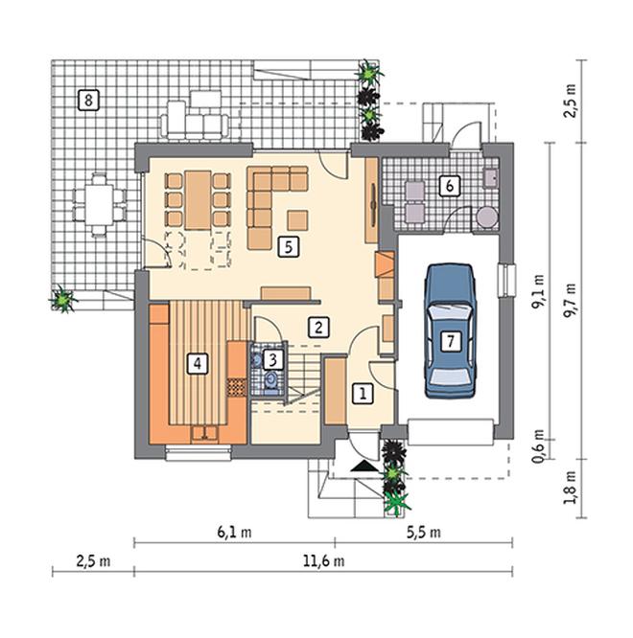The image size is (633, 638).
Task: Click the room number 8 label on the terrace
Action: pyautogui.click(x=88, y=100)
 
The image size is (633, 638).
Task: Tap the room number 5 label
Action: pyautogui.click(x=289, y=246)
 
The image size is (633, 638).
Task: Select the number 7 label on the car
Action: pyautogui.click(x=451, y=341)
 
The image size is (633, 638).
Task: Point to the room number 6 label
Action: pyautogui.click(x=449, y=186)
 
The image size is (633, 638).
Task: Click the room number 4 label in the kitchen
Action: pyautogui.click(x=198, y=363)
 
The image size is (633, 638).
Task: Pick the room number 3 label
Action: pyautogui.click(x=273, y=359)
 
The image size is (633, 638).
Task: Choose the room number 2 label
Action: pyautogui.click(x=318, y=327)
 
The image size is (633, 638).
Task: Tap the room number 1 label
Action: pyautogui.click(x=363, y=394)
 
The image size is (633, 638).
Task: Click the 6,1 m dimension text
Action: pyautogui.click(x=234, y=532)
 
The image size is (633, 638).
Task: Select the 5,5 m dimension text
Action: pyautogui.click(x=424, y=532)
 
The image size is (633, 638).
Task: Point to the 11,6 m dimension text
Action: pyautogui.click(x=323, y=561)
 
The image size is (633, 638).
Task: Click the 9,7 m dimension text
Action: pyautogui.click(x=571, y=301)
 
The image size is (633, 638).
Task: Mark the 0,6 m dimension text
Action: pyautogui.click(x=538, y=446)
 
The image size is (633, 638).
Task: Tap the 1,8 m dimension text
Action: pyautogui.click(x=571, y=488)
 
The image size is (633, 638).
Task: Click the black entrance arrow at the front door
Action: pyautogui.click(x=363, y=467)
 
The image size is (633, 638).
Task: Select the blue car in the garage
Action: pyautogui.click(x=450, y=330)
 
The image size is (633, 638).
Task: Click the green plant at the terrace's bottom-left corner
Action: pyautogui.click(x=63, y=298)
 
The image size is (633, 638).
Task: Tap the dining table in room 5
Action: pyautogui.click(x=198, y=200)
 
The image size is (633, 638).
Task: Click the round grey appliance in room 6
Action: pyautogui.click(x=486, y=216)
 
